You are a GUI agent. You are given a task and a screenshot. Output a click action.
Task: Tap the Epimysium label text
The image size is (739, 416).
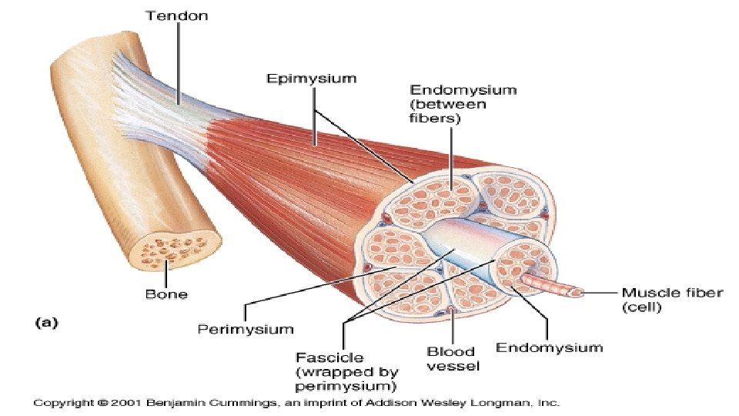tap(311, 79)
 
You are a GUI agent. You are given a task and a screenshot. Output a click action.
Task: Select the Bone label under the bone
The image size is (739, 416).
tap(166, 294)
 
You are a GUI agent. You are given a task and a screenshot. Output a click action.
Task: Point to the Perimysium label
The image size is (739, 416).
tap(246, 329)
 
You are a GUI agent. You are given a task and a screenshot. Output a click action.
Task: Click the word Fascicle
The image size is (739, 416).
tap(329, 358)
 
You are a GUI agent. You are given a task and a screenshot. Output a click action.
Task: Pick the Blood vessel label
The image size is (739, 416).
tap(451, 359)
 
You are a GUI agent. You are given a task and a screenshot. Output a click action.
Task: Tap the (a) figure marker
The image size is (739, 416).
tap(47, 324)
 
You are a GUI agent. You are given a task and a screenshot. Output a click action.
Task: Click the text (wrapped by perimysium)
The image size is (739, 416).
tap(347, 378)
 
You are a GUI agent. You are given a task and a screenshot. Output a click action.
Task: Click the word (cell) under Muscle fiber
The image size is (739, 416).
tap(642, 308)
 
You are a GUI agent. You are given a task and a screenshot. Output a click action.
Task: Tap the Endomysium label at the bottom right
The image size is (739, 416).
tap(549, 347)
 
